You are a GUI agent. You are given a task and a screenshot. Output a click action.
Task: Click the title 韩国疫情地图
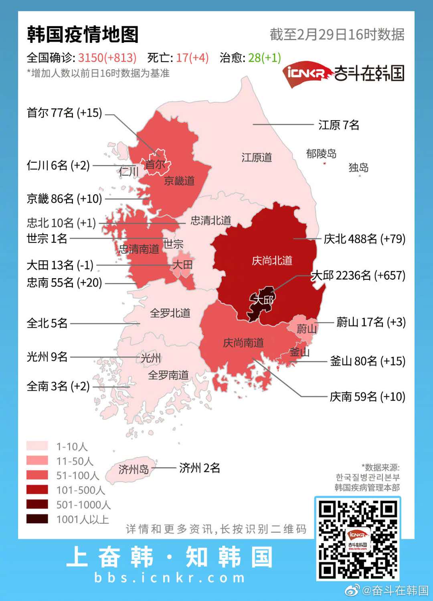click(x=83, y=34)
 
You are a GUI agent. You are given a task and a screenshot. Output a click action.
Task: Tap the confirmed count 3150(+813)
click(x=107, y=58)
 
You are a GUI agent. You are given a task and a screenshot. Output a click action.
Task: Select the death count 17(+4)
click(x=192, y=58)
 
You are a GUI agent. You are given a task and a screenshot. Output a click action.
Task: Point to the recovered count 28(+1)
click(x=264, y=58)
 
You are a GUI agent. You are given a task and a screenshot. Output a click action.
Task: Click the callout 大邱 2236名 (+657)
click(x=358, y=276)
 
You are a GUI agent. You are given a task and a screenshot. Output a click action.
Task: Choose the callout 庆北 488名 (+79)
click(x=364, y=239)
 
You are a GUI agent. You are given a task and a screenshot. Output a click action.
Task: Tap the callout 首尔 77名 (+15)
click(x=64, y=113)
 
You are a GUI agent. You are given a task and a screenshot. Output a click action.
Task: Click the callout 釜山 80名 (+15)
click(x=367, y=361)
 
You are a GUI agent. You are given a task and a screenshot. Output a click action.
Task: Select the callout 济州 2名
click(x=199, y=468)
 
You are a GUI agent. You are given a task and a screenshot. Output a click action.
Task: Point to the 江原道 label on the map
click(x=257, y=157)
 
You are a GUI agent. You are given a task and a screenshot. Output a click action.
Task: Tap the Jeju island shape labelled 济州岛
click(x=132, y=469)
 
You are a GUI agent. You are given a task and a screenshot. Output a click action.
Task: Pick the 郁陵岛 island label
click(x=321, y=154)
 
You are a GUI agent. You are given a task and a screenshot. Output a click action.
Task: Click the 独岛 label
click(x=358, y=167)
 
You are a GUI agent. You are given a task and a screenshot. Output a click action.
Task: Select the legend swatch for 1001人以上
click(x=37, y=519)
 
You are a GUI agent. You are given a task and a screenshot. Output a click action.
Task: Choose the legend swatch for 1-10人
click(x=37, y=446)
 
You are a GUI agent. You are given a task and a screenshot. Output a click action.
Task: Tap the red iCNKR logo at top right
click(x=307, y=74)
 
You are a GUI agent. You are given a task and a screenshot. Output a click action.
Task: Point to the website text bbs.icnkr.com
click(x=170, y=577)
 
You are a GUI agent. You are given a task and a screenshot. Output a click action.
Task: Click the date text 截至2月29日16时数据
click(x=337, y=34)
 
